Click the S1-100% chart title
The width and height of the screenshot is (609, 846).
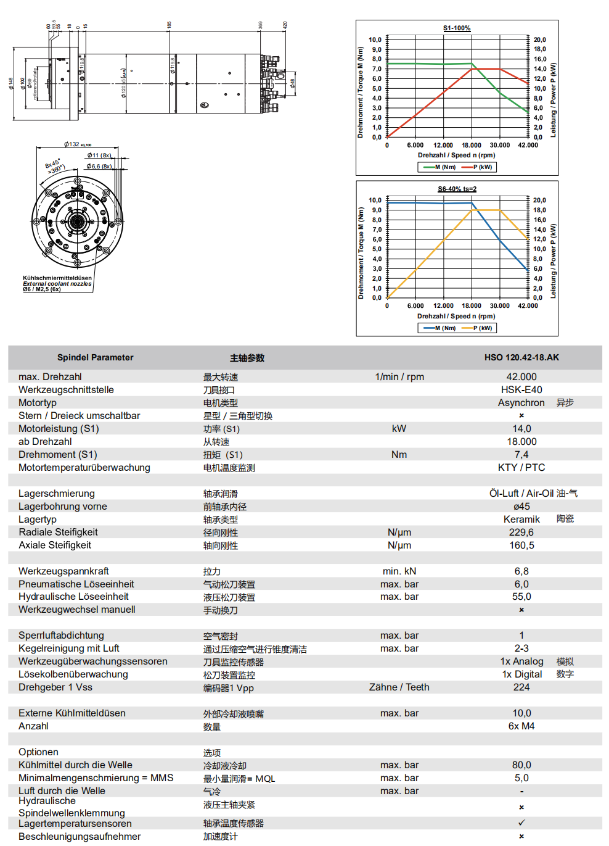click(457, 28)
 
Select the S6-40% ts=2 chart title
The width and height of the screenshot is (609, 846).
click(457, 189)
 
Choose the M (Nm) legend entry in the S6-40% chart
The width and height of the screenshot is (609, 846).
click(439, 328)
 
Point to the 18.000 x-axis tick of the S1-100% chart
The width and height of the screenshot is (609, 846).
click(472, 146)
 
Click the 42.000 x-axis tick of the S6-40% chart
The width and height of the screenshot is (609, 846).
click(528, 306)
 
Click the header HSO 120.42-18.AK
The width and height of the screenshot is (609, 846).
click(521, 357)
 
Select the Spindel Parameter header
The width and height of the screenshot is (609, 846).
click(95, 357)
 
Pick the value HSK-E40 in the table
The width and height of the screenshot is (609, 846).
click(521, 390)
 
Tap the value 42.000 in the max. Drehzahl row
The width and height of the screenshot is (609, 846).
click(521, 377)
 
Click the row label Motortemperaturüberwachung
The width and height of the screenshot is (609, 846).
click(84, 468)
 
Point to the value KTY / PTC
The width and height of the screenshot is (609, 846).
click(521, 468)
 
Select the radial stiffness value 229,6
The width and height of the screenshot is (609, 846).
click(521, 533)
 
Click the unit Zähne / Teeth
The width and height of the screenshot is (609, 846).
click(399, 687)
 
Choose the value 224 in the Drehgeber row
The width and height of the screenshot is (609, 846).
click(521, 687)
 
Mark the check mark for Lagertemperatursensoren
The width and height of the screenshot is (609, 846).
click(521, 823)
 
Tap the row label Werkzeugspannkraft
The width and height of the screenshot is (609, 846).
click(63, 571)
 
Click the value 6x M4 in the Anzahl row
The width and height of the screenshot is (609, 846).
click(521, 726)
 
